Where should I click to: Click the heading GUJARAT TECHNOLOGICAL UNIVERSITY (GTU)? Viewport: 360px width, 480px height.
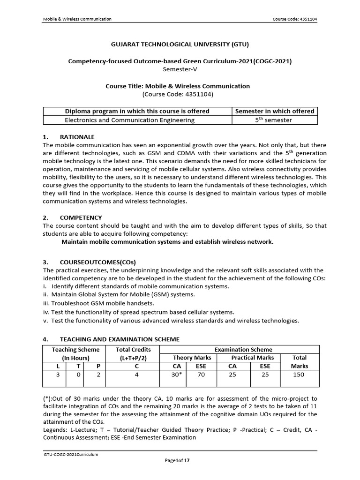pyautogui.click(x=180, y=45)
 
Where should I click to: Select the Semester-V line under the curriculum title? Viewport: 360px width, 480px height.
pyautogui.click(x=180, y=69)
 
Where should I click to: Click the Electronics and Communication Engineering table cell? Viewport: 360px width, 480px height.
pyautogui.click(x=129, y=120)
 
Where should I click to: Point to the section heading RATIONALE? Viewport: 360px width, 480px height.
pyautogui.click(x=77, y=137)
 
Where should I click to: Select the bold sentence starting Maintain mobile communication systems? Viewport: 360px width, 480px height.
pyautogui.click(x=167, y=242)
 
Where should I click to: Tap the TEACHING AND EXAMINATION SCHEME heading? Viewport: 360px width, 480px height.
pyautogui.click(x=119, y=339)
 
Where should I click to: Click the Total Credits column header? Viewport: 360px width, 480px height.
pyautogui.click(x=134, y=350)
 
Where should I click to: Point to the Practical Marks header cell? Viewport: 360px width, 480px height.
pyautogui.click(x=252, y=358)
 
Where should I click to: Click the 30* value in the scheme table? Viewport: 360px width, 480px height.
pyautogui.click(x=176, y=375)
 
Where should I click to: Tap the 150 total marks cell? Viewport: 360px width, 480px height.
pyautogui.click(x=299, y=375)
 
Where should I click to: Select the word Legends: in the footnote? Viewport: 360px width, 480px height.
pyautogui.click(x=56, y=430)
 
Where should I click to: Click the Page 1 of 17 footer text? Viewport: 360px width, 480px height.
pyautogui.click(x=177, y=461)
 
